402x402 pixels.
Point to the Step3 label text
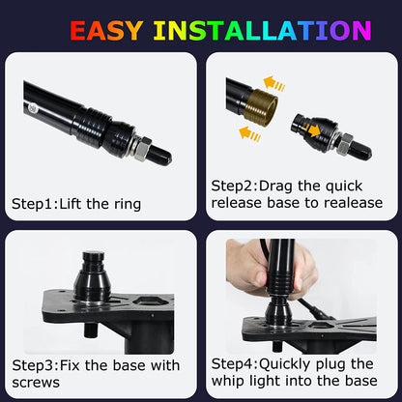(33, 365)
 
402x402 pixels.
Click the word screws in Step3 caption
(37, 382)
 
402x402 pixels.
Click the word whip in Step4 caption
(228, 382)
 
